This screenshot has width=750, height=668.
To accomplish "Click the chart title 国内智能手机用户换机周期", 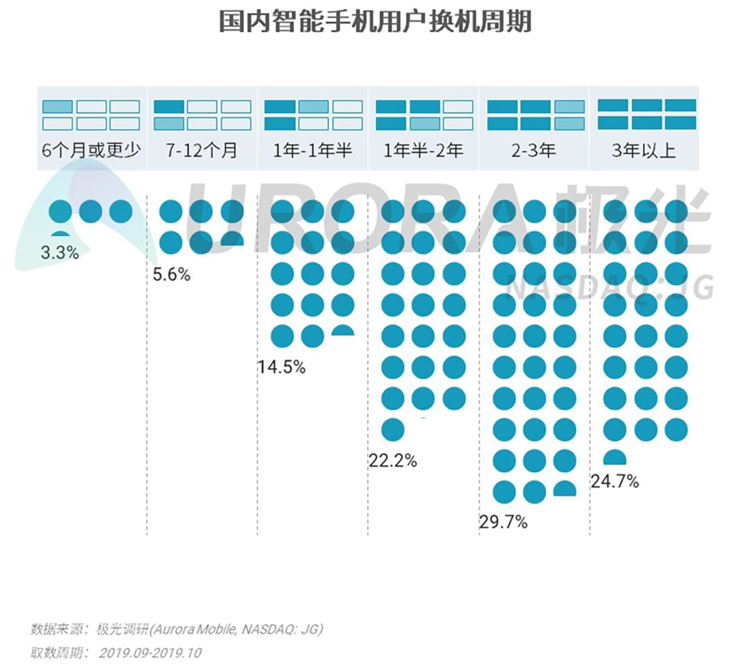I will click(x=375, y=22).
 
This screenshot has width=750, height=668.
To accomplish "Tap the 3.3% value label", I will click(x=60, y=253).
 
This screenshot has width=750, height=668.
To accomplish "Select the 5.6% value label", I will click(x=172, y=274).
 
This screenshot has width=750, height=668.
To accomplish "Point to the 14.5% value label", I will click(x=281, y=367).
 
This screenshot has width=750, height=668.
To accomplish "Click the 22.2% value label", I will click(x=392, y=460).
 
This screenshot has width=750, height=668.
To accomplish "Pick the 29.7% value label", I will click(x=503, y=521).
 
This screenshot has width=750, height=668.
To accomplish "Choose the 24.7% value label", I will click(x=615, y=481).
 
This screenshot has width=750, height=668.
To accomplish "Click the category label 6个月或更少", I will click(x=92, y=151).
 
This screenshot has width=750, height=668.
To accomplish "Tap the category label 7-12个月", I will click(x=202, y=151).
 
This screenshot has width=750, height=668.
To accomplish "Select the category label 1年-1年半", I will click(x=312, y=151).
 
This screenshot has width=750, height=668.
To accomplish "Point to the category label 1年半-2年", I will click(x=424, y=151).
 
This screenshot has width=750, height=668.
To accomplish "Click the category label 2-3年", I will click(x=534, y=151).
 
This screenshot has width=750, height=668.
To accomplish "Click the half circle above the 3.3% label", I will click(x=60, y=234).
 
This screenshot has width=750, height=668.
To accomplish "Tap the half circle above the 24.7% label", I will click(x=615, y=458).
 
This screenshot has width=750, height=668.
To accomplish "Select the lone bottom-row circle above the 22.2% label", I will click(x=393, y=429).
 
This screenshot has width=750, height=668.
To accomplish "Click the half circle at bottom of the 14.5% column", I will click(x=342, y=331).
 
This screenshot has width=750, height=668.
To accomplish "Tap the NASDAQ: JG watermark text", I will click(x=611, y=287).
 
